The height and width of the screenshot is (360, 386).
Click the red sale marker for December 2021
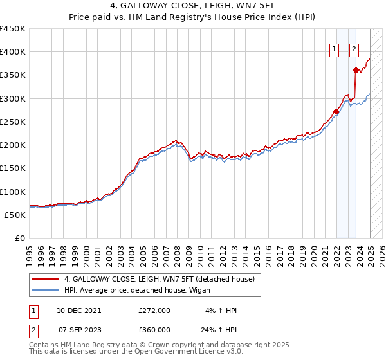click(336, 112)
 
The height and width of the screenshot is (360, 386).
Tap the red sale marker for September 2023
click(356, 70)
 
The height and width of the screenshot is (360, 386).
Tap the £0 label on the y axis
click(19, 238)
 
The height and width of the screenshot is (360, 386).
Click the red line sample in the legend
click(45, 279)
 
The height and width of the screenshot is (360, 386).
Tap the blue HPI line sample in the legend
click(45, 291)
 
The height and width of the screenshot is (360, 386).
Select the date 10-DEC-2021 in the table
click(78, 310)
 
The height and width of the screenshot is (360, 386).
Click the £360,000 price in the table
click(154, 330)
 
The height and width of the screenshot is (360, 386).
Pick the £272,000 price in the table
click(154, 310)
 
